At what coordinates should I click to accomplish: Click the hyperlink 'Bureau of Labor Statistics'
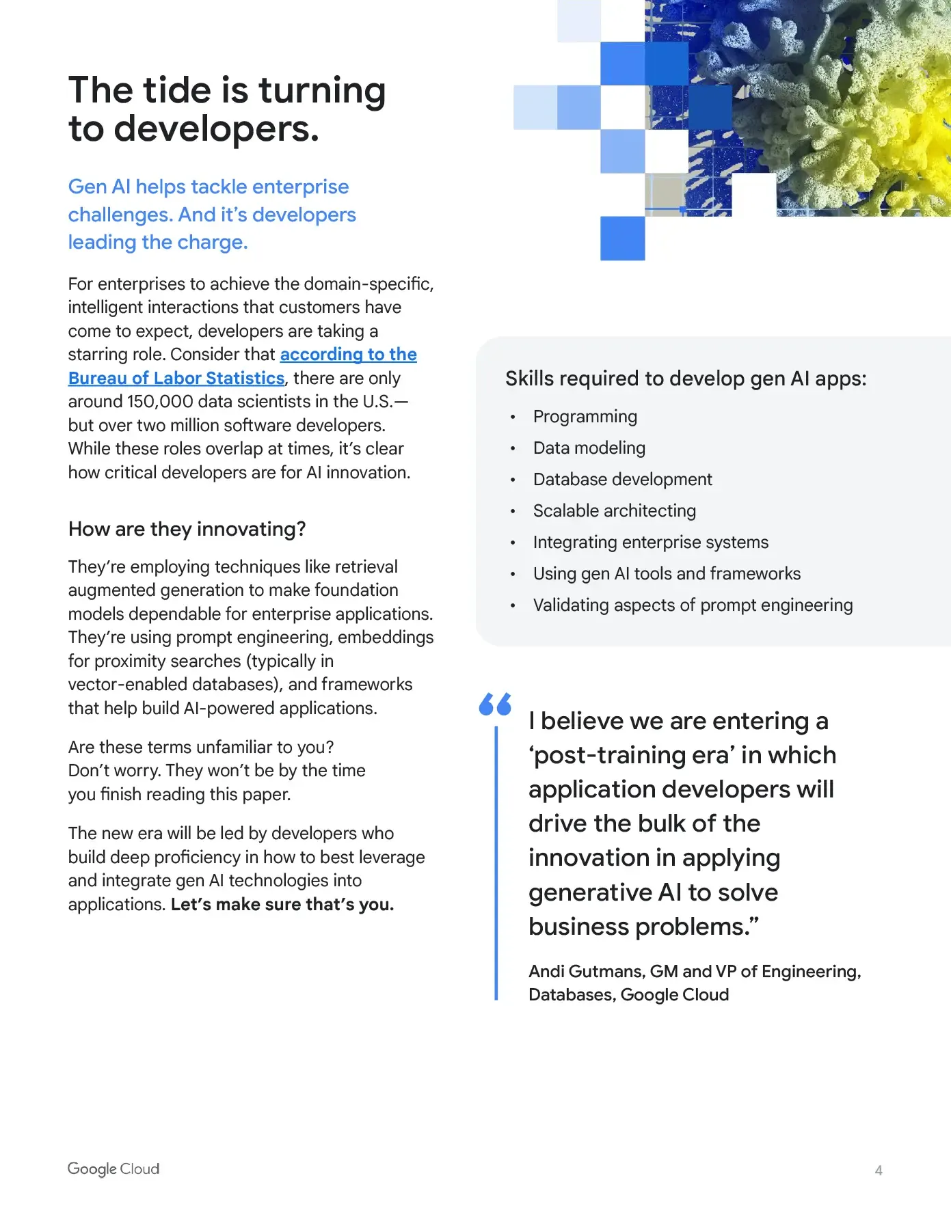(176, 378)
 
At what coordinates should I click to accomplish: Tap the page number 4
(879, 1170)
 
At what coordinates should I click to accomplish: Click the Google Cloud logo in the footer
(113, 1168)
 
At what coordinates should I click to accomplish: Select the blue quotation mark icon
(495, 704)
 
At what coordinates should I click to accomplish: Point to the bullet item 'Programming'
(585, 417)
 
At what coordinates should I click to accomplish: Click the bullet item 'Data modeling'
(589, 448)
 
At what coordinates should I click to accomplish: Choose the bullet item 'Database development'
(622, 480)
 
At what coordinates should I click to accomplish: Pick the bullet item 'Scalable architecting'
(614, 511)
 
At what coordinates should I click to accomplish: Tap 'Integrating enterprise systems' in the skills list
(650, 543)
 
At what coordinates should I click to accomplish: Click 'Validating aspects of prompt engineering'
(693, 605)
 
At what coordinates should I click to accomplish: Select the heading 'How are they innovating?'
(187, 529)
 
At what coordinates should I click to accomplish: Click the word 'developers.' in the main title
(216, 129)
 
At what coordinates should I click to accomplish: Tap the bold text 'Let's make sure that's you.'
(282, 905)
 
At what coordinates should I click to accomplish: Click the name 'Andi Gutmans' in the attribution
(586, 971)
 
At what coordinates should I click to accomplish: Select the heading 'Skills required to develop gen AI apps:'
(686, 379)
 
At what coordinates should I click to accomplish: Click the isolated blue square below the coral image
(622, 238)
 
